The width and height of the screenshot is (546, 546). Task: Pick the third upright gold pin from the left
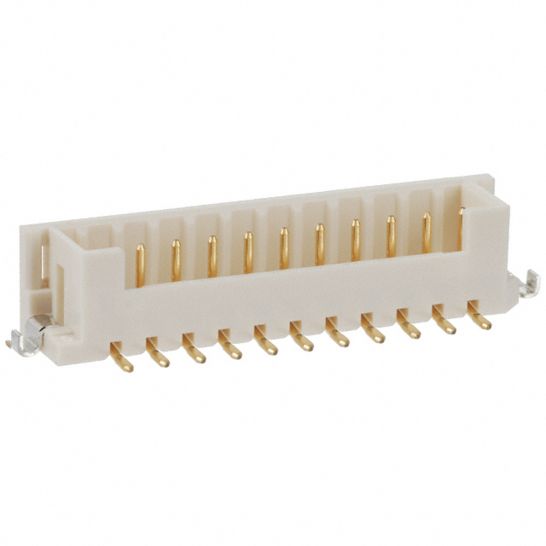point(212,251)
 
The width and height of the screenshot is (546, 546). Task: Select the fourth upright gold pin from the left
point(247,247)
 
